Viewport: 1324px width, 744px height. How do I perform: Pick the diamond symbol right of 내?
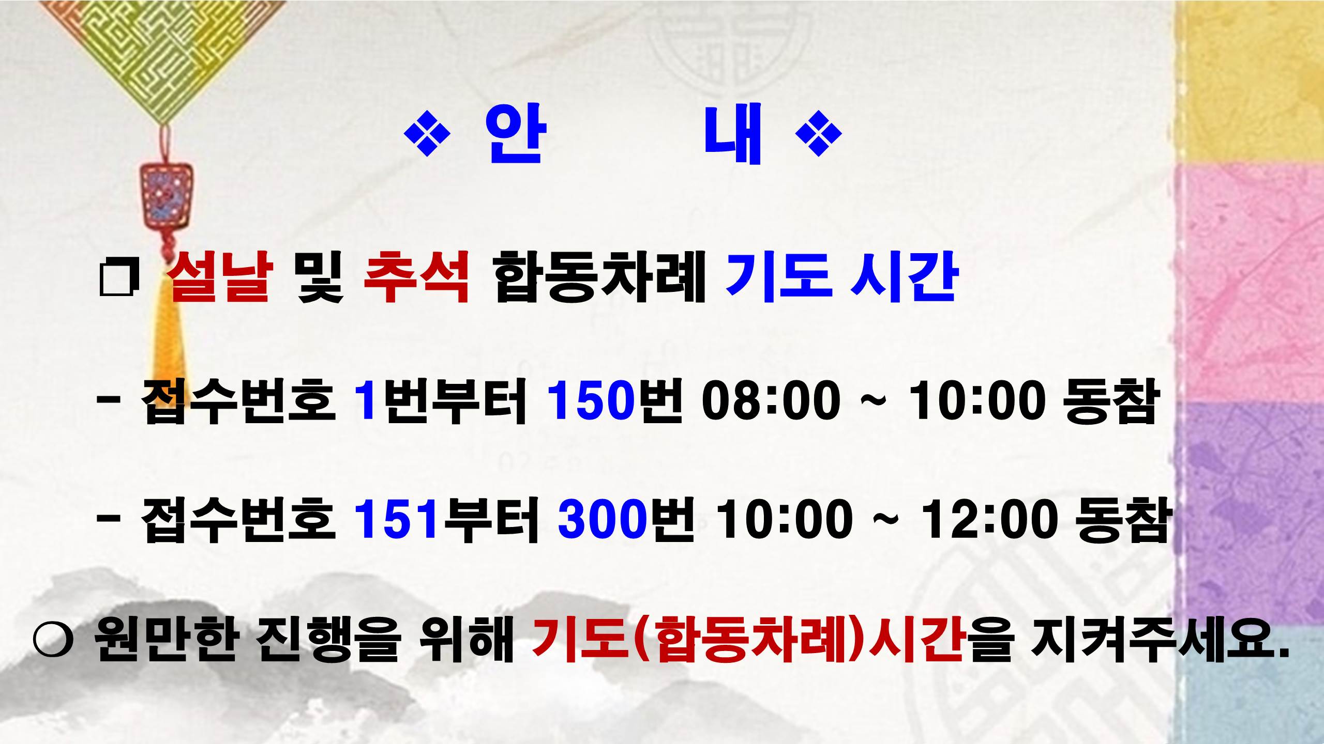[818, 134]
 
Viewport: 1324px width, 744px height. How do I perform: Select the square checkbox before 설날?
[119, 279]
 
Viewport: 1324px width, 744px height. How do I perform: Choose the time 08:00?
[771, 401]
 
